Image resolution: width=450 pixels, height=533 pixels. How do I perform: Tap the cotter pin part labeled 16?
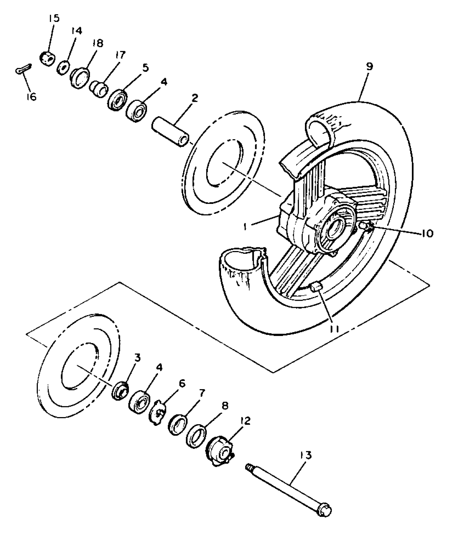23,69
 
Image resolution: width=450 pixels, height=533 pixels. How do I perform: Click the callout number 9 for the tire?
369,66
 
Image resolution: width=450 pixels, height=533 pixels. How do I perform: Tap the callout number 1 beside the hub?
245,227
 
